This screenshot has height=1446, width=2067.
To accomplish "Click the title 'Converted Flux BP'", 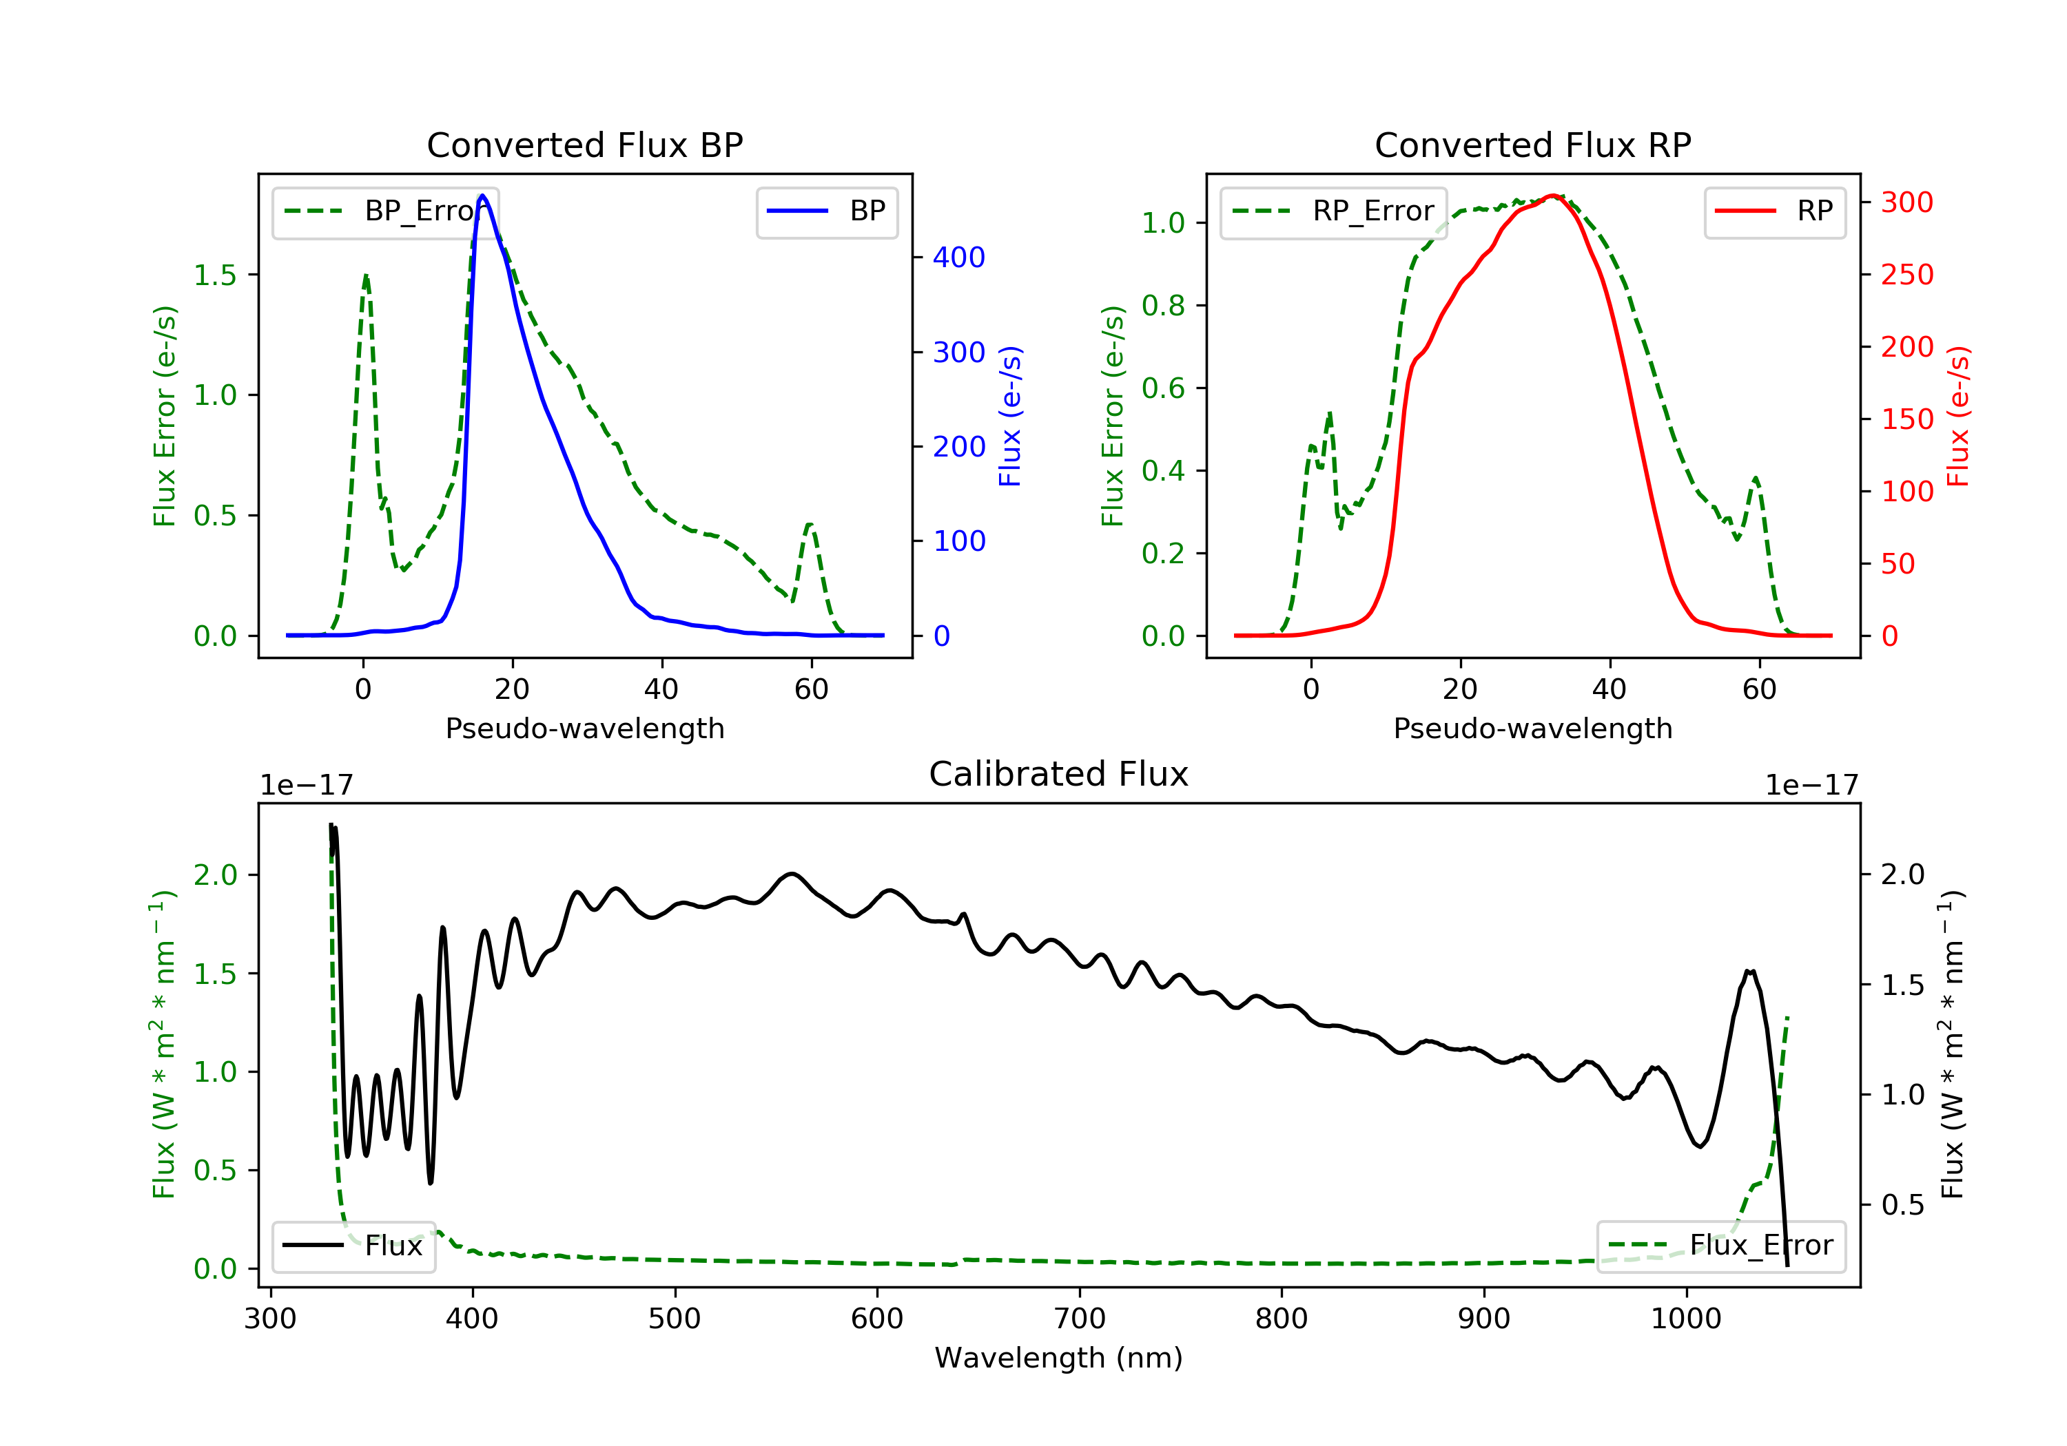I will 584,145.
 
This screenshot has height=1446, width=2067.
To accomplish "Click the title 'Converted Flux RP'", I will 1532,145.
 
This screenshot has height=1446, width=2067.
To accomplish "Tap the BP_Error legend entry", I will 385,211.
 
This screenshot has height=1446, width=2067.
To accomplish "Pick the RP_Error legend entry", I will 1333,211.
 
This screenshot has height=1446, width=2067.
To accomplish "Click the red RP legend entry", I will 1774,211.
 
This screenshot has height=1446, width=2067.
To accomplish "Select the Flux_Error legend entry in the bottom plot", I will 1720,1246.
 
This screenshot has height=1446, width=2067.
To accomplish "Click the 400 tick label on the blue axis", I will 959,258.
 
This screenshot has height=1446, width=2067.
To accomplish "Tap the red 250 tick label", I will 1906,275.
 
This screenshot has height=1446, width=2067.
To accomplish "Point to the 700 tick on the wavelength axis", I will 1080,1319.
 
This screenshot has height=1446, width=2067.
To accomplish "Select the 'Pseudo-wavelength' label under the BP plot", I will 584,728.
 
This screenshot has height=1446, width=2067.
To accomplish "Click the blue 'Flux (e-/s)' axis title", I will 1010,416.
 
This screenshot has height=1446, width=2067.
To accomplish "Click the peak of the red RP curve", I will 1553,196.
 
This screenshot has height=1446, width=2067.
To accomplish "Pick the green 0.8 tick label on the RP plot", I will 1163,305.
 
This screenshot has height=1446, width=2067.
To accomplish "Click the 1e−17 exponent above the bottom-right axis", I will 1811,786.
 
